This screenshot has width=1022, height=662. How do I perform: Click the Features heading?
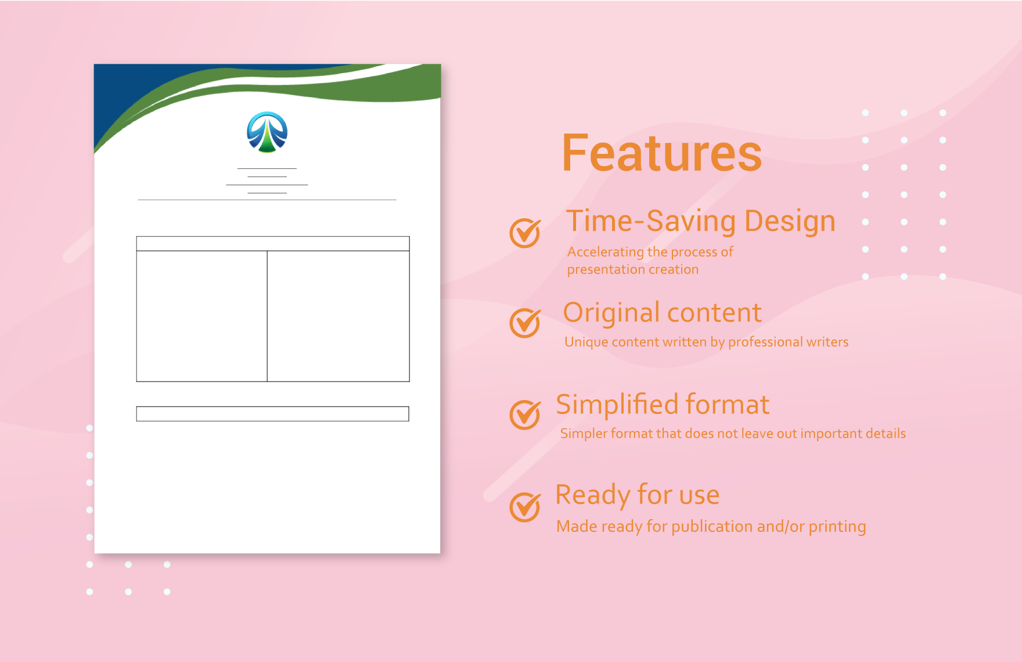tap(661, 153)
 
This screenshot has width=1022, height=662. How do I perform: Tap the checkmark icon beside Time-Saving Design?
tap(524, 233)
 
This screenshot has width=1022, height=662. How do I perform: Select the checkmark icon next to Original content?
tap(524, 322)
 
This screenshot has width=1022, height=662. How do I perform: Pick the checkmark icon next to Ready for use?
tap(524, 506)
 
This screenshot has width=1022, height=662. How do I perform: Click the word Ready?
tap(592, 495)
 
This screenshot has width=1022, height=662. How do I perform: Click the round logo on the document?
tap(267, 132)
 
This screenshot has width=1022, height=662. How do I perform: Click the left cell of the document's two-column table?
tap(201, 316)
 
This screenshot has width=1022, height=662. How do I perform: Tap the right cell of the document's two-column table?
tap(338, 316)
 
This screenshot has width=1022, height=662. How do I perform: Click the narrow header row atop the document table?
tap(273, 243)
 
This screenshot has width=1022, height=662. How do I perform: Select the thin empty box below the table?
tap(272, 413)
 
